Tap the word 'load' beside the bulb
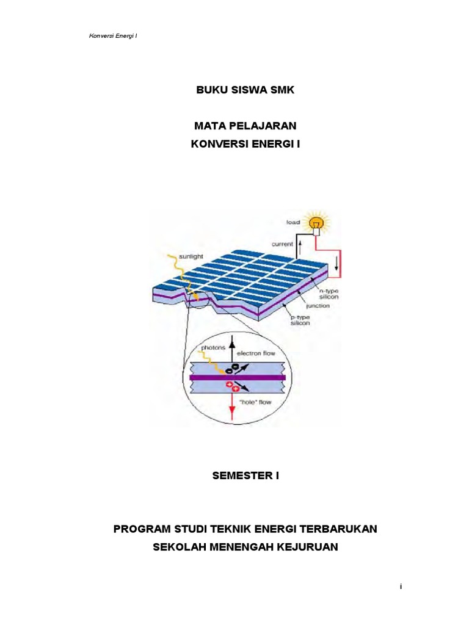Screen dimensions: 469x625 point(293,222)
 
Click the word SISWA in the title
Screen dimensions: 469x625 point(247,90)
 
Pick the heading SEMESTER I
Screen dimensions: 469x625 point(245,476)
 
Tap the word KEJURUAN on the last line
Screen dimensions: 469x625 point(308,547)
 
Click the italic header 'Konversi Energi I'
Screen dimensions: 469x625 point(113,35)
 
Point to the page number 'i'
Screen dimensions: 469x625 point(401,587)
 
